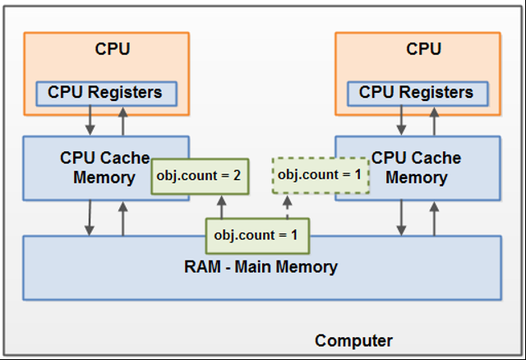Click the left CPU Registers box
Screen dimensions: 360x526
[106, 92]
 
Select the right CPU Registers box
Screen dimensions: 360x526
[418, 92]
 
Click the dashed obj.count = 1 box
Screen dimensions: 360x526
[321, 175]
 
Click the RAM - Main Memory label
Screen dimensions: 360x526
[261, 266]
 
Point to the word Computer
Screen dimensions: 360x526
[353, 340]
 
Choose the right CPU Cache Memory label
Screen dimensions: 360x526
[418, 168]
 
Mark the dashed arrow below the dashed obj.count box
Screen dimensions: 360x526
[288, 207]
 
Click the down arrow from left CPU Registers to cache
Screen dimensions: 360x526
[90, 121]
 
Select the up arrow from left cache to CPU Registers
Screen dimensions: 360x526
[122, 121]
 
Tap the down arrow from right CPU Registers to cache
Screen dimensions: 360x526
[402, 121]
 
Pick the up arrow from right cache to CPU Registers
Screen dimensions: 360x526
[434, 121]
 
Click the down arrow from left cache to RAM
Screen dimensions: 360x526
[90, 218]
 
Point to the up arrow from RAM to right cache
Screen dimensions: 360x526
[434, 218]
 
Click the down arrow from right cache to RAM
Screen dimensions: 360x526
[402, 218]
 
